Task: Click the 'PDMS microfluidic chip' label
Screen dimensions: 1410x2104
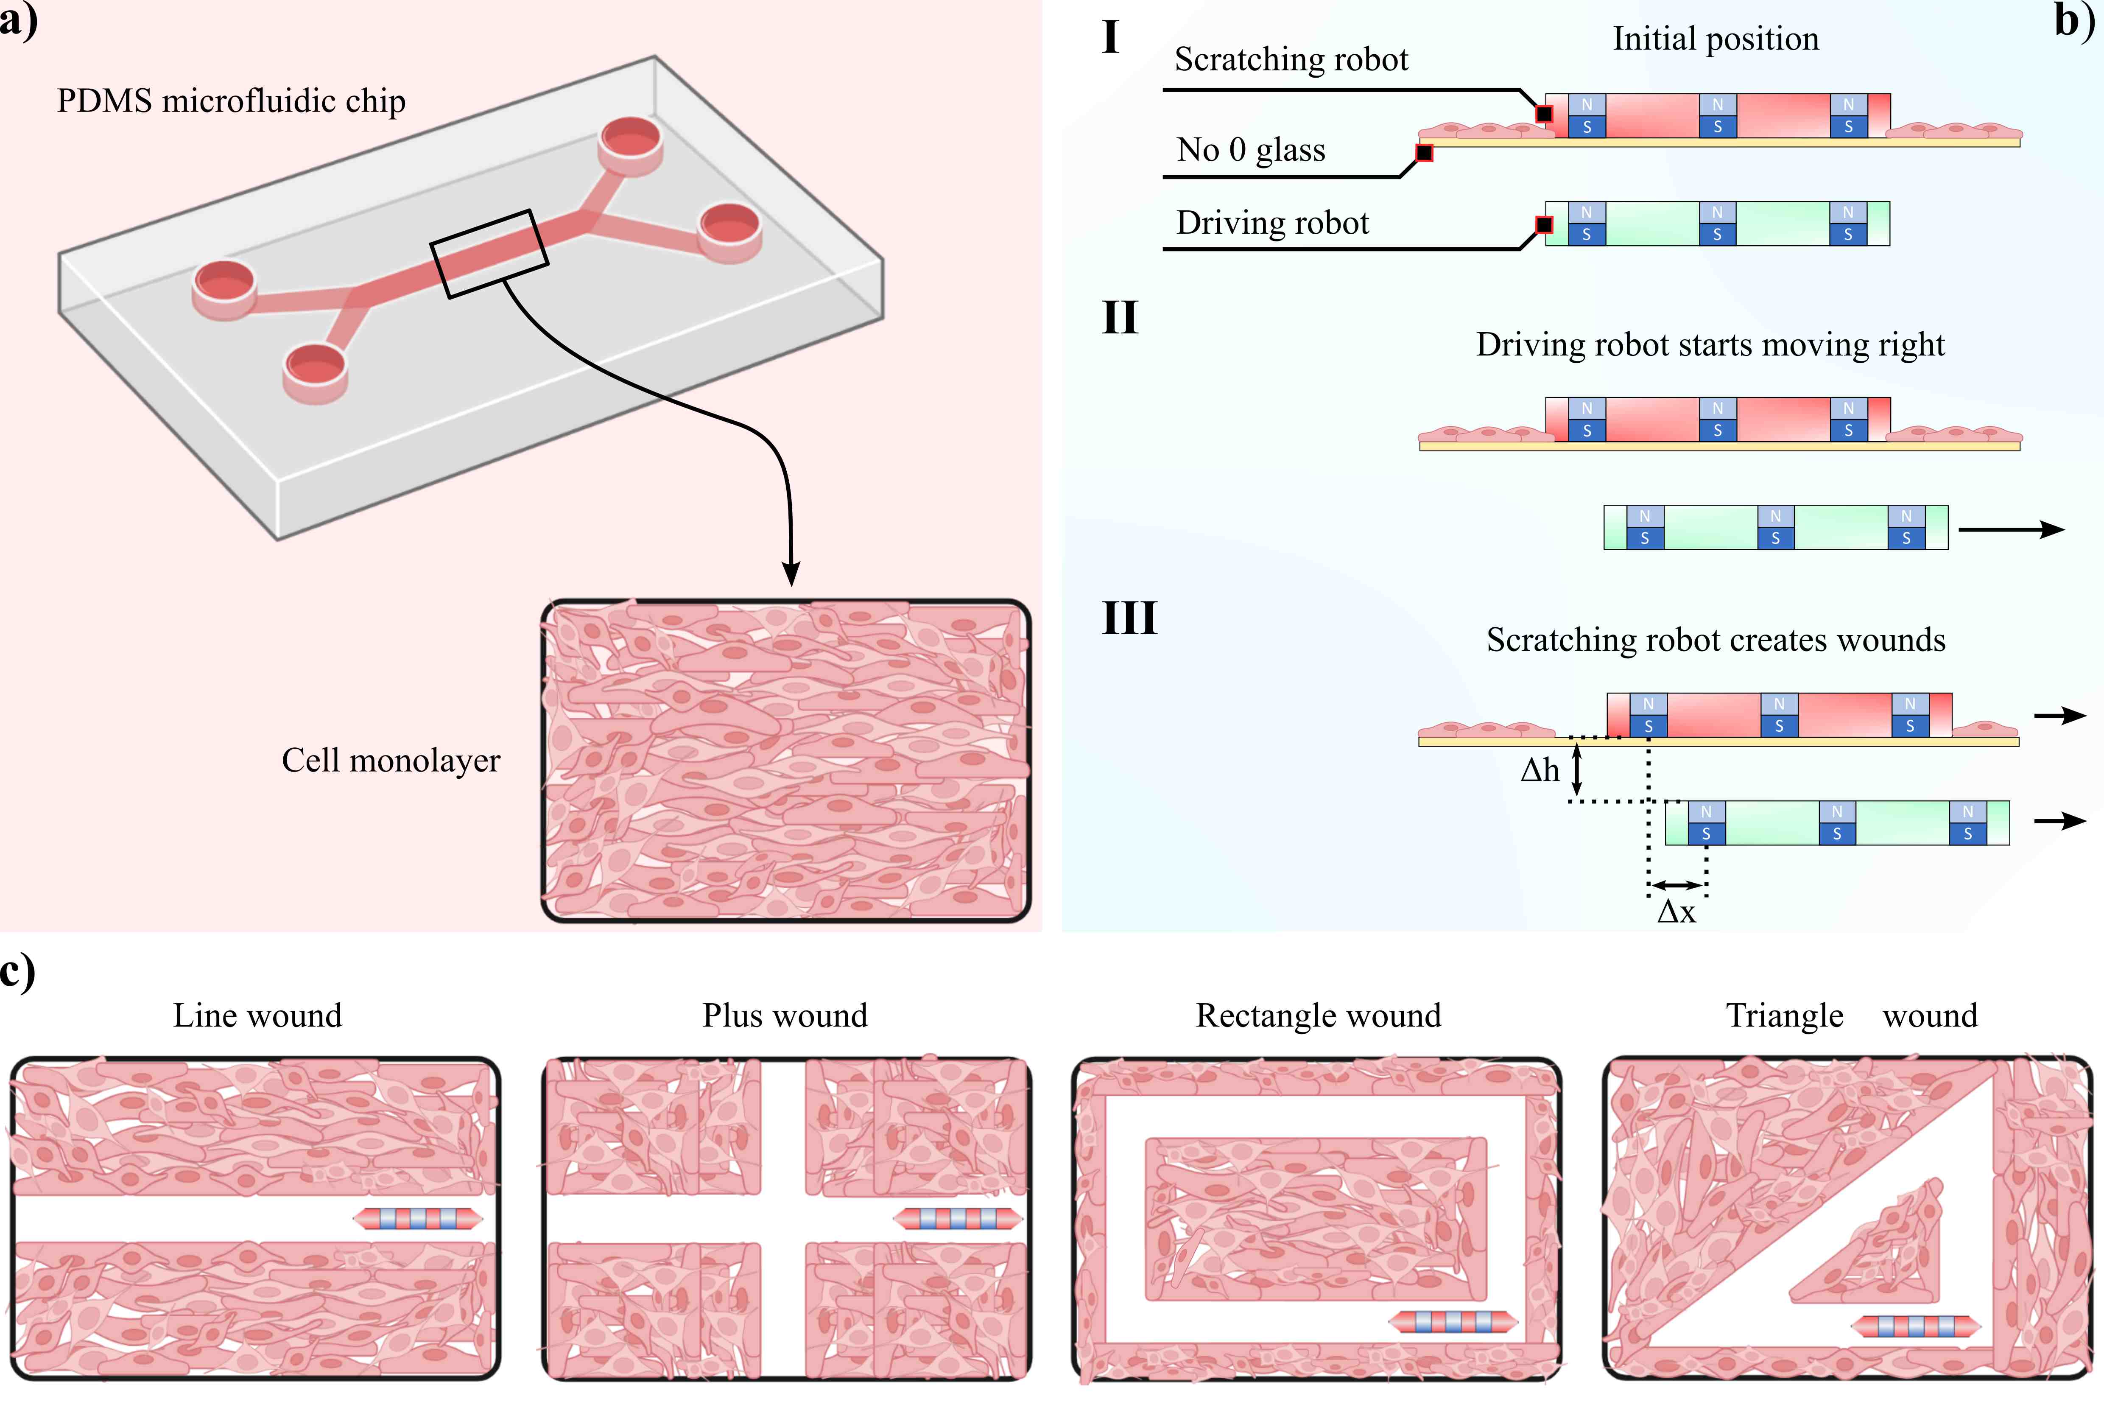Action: click(231, 101)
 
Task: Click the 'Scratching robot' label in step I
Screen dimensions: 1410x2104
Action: click(1291, 59)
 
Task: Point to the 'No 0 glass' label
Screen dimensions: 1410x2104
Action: click(1251, 149)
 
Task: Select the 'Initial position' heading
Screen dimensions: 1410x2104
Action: click(1716, 39)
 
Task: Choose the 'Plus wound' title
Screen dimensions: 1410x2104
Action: click(785, 1015)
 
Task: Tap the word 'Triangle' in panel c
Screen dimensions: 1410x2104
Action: click(1785, 1015)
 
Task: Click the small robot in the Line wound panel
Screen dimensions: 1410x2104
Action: click(418, 1220)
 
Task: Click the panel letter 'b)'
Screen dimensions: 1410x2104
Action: click(2073, 20)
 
